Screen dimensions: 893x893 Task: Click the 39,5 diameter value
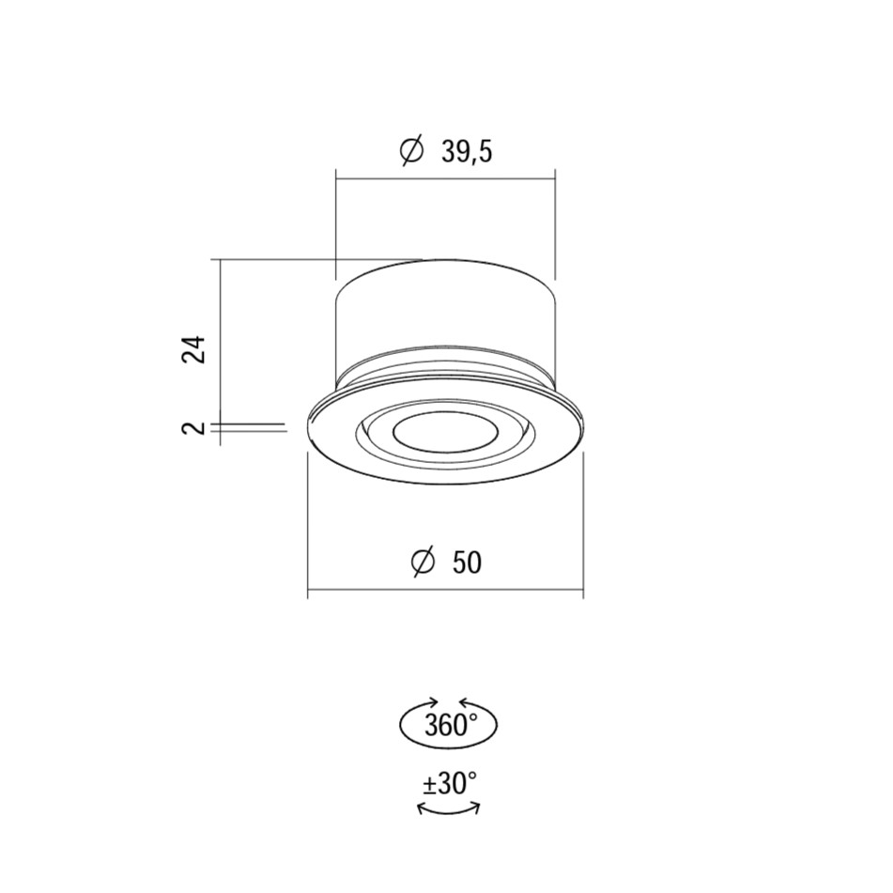(467, 150)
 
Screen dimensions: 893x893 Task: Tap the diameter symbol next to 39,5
(410, 150)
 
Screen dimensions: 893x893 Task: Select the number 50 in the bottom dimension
(467, 562)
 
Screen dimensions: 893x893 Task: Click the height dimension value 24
(193, 348)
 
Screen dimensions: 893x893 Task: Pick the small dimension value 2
(194, 428)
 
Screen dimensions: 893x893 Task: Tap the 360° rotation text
(449, 726)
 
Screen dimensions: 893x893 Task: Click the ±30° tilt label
(449, 783)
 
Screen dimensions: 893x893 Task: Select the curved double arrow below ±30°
(449, 809)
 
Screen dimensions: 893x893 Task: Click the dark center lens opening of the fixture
(445, 435)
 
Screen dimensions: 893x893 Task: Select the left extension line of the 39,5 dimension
(336, 225)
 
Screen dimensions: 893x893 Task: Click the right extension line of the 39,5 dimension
(555, 225)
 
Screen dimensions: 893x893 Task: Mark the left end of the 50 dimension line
(310, 592)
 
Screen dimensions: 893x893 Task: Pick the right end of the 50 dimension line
(582, 592)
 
